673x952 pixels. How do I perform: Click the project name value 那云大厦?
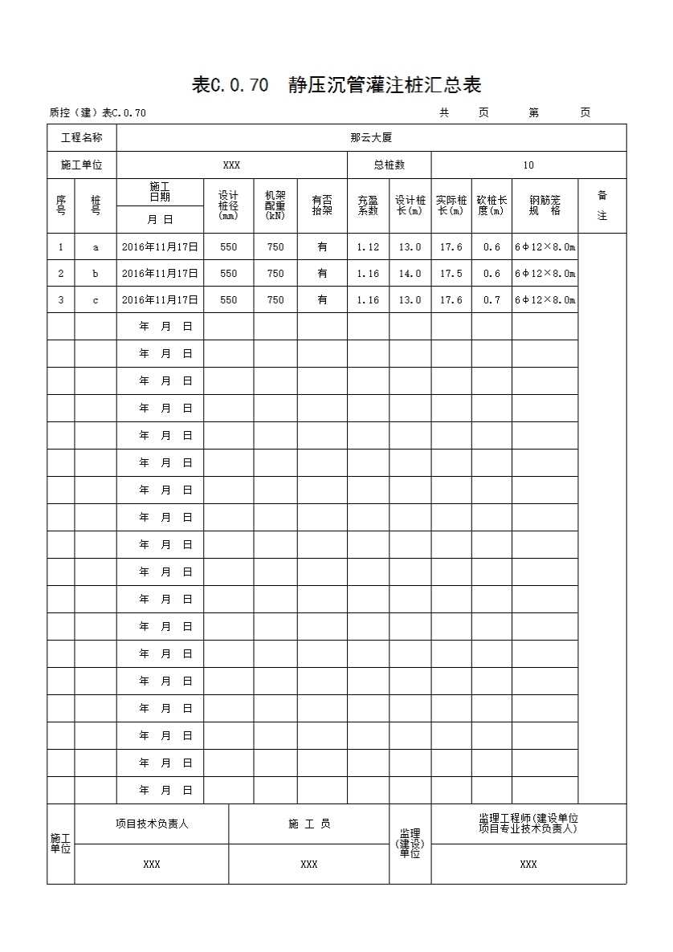tap(371, 138)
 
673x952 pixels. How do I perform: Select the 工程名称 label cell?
tap(82, 138)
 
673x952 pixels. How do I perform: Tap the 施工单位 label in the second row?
tap(82, 165)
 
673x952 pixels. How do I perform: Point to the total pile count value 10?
tap(528, 165)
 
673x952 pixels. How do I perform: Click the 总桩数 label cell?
tap(390, 165)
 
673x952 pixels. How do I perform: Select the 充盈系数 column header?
tap(368, 205)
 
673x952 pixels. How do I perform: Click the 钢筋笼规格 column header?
tap(545, 205)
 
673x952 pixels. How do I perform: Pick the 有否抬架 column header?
tap(322, 205)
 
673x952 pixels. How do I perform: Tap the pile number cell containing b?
tap(96, 274)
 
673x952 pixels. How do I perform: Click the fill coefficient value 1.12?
tap(368, 247)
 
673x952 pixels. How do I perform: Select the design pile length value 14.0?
tap(410, 274)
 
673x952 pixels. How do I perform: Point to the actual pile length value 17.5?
tap(451, 274)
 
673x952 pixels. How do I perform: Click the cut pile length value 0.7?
tap(491, 300)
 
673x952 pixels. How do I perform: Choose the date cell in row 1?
tap(160, 247)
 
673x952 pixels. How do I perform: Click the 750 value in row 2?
tap(275, 274)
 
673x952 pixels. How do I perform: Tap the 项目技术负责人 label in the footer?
tap(152, 824)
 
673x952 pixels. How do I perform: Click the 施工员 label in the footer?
tap(309, 824)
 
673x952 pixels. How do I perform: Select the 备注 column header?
tap(602, 205)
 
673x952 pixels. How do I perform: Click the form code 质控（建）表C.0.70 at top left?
tap(97, 113)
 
